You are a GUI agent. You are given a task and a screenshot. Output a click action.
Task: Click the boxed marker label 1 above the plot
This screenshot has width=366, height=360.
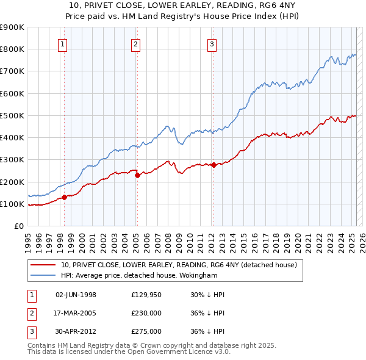(x=63, y=44)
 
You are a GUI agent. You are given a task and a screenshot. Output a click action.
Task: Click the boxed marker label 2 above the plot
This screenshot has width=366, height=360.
(x=135, y=44)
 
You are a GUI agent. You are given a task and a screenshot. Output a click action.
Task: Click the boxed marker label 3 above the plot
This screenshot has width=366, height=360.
(x=212, y=44)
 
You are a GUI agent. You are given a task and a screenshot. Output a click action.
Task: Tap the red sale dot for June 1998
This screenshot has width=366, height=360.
(x=64, y=197)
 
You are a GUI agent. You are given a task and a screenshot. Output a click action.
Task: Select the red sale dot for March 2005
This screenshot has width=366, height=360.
(x=137, y=175)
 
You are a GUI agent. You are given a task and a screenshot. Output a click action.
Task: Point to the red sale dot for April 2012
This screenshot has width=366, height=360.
(x=213, y=165)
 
